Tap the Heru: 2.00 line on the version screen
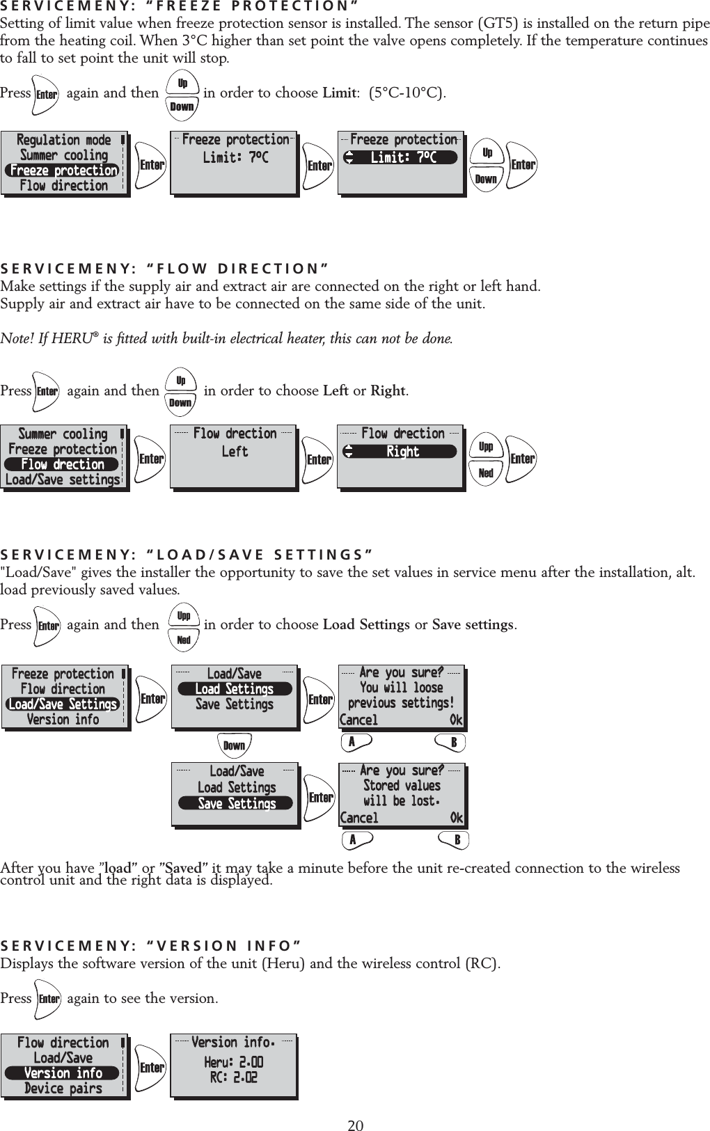[x=234, y=1062]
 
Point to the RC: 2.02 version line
[x=234, y=1077]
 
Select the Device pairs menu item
[x=63, y=1089]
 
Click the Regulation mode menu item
[x=64, y=140]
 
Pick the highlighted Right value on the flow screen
[x=402, y=452]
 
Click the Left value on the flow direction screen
[x=235, y=452]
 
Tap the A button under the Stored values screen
[x=353, y=840]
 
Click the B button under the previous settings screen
[x=454, y=743]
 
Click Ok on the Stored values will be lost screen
[x=456, y=818]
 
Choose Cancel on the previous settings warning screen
[x=359, y=720]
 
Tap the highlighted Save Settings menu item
[x=237, y=804]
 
